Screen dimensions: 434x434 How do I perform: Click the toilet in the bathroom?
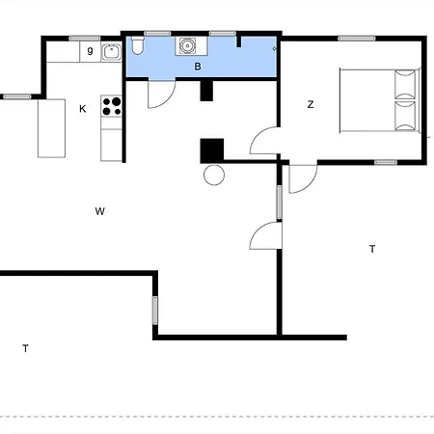(138, 45)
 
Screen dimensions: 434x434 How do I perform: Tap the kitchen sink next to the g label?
(111, 52)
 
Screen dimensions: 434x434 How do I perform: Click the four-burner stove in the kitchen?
(111, 106)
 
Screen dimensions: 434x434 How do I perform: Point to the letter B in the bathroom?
(198, 67)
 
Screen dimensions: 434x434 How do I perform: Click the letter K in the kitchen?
(83, 109)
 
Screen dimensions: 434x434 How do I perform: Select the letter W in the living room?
(100, 211)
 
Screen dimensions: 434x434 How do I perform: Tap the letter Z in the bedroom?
(311, 104)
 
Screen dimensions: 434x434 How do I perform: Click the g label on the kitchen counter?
(91, 50)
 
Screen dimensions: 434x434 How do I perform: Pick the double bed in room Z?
(380, 100)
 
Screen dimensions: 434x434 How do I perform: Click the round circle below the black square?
(214, 175)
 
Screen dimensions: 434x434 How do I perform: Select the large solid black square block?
(212, 150)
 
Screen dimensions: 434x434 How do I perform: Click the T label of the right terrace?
(372, 249)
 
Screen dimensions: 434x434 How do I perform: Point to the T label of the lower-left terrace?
(25, 348)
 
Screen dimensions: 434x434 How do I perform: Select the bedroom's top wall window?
(357, 39)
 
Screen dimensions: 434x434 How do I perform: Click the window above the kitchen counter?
(85, 39)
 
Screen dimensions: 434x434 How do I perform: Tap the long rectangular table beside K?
(52, 128)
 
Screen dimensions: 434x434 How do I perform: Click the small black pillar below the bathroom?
(206, 91)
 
